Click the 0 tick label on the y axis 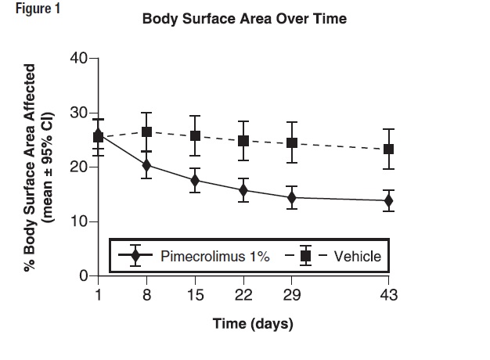81,276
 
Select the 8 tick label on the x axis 146,295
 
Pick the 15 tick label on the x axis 195,295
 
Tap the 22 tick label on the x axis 243,295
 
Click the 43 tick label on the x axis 389,295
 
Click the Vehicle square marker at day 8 146,131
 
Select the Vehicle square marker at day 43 389,149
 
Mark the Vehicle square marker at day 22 243,141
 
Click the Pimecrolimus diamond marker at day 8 146,165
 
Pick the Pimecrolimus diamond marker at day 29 292,198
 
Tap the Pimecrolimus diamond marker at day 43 389,201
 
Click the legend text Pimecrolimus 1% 215,256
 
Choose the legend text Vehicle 357,256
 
